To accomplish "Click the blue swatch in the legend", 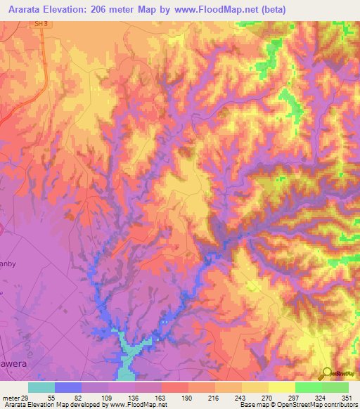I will click(67, 387).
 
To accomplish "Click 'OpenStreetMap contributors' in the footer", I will click(314, 405).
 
